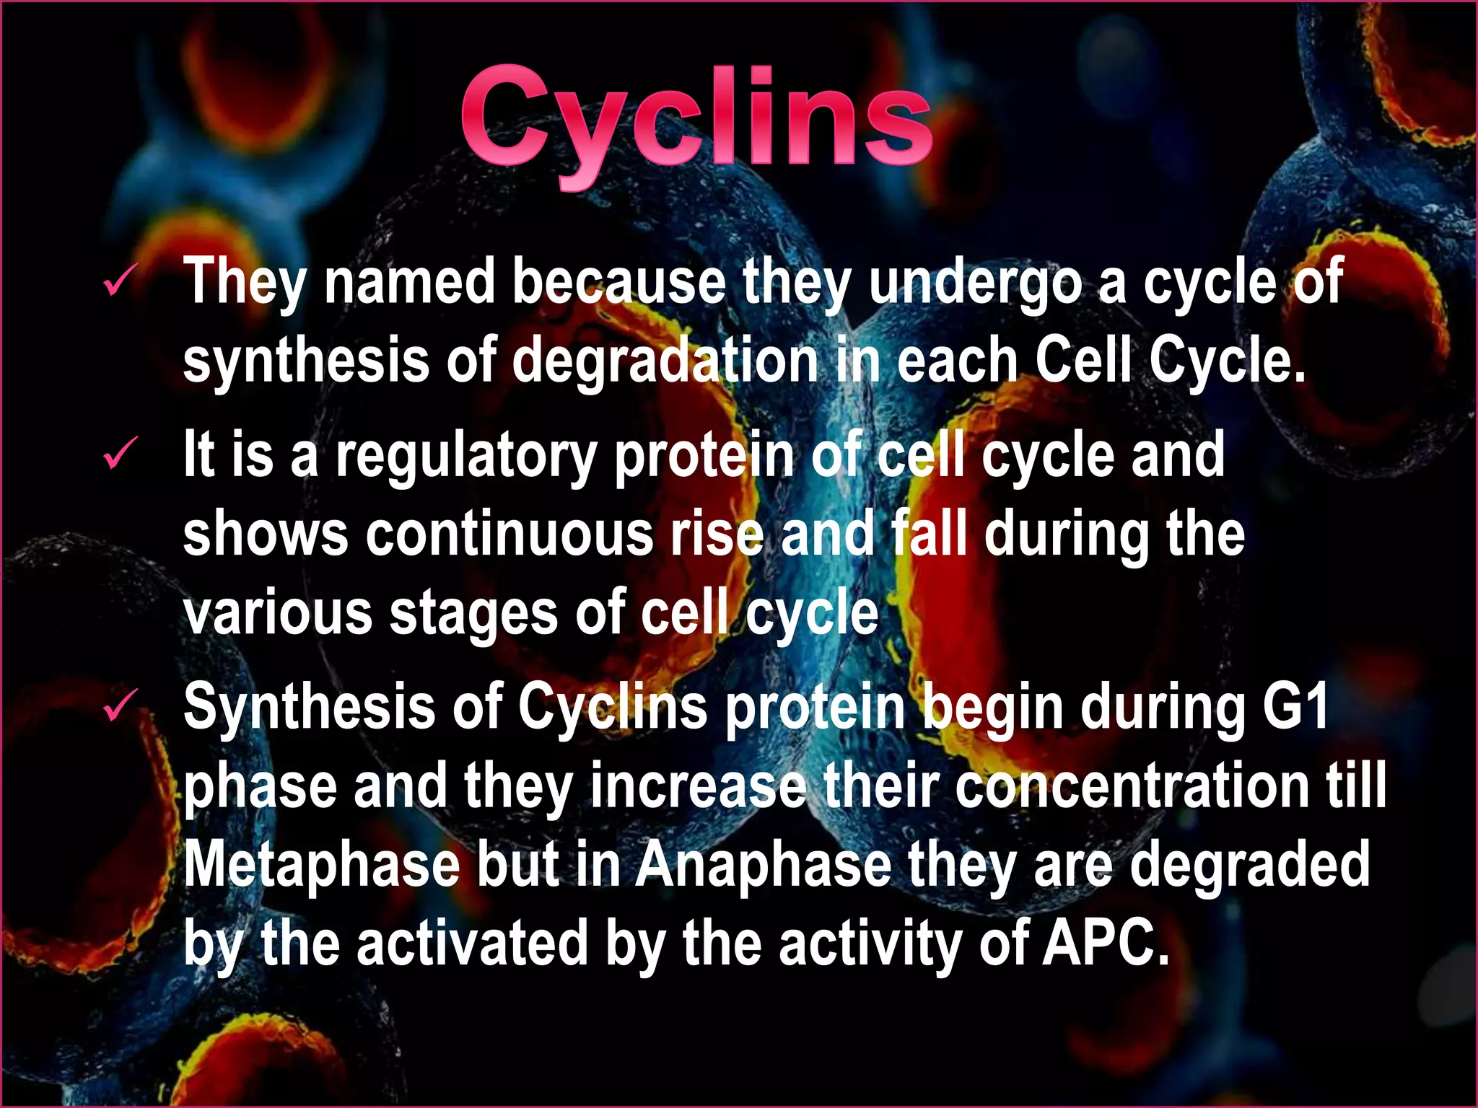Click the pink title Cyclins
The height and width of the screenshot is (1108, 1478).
[696, 119]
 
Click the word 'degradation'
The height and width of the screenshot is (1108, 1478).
[665, 361]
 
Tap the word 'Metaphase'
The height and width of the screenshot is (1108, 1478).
[322, 865]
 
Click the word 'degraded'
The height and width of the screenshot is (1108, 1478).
[1249, 865]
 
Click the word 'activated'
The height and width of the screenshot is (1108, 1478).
[473, 943]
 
